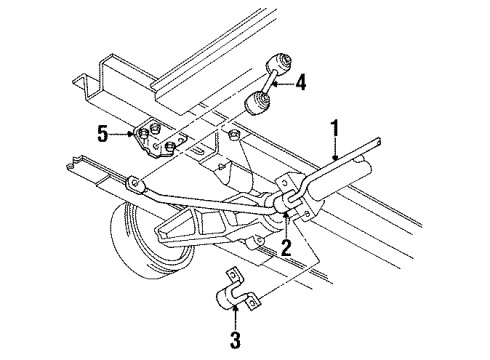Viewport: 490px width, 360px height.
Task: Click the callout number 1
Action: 337,129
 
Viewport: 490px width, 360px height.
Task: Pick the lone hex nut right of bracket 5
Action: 232,136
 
